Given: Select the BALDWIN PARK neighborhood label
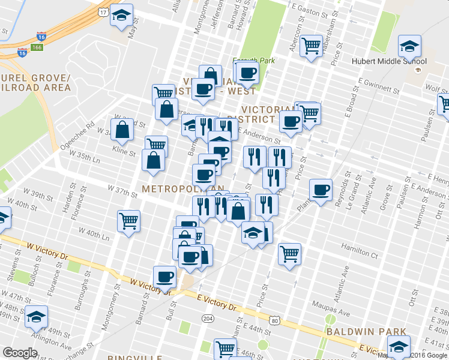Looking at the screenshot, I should click(366, 331).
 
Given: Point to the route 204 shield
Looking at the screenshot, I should click(208, 317).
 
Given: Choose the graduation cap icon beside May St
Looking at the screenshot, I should click(122, 16).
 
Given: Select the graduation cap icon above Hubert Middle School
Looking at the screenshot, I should click(409, 46).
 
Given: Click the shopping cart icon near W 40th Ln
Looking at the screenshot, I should click(129, 221).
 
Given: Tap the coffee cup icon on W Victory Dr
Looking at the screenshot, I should click(164, 277).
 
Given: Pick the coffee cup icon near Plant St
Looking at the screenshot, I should click(321, 190).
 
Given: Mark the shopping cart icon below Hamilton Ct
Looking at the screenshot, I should click(289, 253).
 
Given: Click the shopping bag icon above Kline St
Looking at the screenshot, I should click(122, 130).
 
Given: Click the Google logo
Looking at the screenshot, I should click(20, 353).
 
